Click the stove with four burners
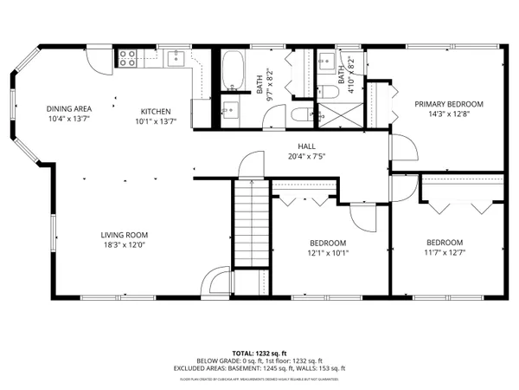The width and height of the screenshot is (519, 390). (x=128, y=58)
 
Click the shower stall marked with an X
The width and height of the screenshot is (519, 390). (x=333, y=115)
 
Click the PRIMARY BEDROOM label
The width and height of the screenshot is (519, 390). (x=448, y=104)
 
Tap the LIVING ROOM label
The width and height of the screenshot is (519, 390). (x=125, y=235)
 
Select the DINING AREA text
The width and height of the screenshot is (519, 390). (x=68, y=108)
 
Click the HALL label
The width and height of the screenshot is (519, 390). (x=307, y=146)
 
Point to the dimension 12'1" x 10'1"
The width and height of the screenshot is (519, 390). (x=328, y=253)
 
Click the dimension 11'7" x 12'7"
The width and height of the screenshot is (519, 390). (x=444, y=253)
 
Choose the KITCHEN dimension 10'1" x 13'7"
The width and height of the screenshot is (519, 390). (x=156, y=121)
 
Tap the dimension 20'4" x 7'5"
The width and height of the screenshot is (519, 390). (x=307, y=157)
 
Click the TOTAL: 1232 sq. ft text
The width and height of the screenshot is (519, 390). (x=259, y=354)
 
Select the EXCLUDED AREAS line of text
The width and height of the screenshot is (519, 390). (x=259, y=367)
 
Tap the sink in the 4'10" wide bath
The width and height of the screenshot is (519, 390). (x=328, y=60)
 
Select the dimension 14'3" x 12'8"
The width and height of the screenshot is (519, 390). (x=448, y=114)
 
